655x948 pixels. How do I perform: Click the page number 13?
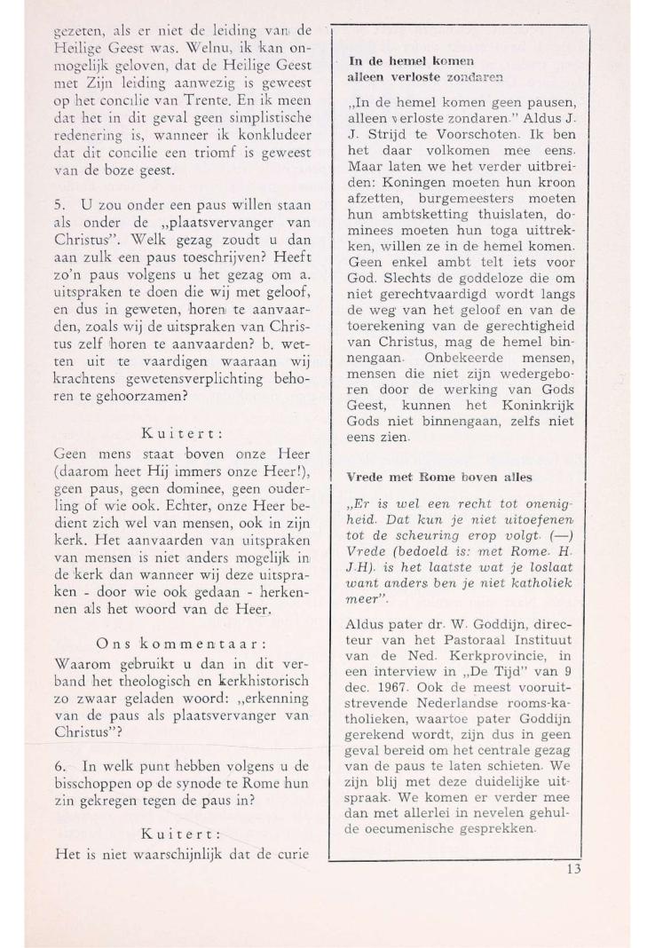[572, 869]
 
